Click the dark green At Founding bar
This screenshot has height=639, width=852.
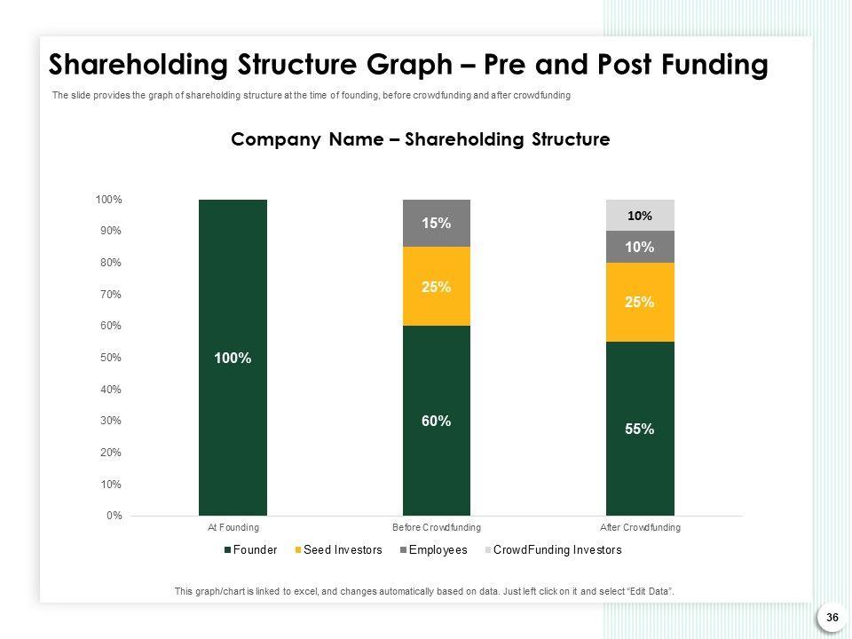click(x=233, y=357)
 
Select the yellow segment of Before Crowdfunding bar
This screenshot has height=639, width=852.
click(x=436, y=287)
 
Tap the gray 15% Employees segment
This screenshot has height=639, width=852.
click(x=436, y=223)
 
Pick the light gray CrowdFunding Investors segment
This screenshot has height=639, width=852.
click(x=640, y=215)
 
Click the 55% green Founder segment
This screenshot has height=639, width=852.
click(x=640, y=429)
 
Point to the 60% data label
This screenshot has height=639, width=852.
click(x=436, y=422)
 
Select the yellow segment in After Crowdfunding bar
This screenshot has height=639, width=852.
click(x=640, y=302)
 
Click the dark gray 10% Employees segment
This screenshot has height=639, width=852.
click(x=640, y=247)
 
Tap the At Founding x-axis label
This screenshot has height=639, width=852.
click(x=233, y=527)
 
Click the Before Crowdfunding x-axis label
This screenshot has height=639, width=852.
click(x=436, y=527)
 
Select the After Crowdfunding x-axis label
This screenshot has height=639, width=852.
click(x=640, y=527)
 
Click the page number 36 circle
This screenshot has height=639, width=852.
click(x=832, y=617)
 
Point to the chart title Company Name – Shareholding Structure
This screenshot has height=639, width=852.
click(x=420, y=139)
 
